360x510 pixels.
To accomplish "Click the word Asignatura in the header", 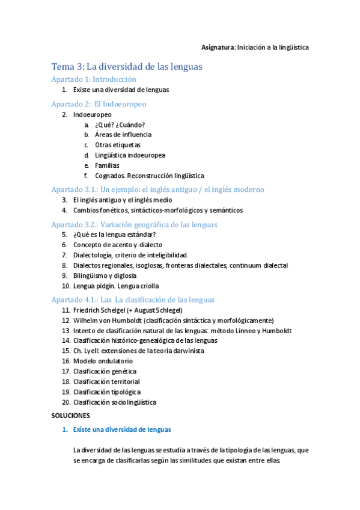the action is [x=217, y=47].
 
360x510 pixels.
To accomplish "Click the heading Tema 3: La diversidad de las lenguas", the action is [x=126, y=66].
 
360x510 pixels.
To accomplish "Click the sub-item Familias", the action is [x=107, y=165].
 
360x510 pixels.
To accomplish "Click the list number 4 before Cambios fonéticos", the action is [x=64, y=210].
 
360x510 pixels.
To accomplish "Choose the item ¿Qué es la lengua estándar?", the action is [x=114, y=235].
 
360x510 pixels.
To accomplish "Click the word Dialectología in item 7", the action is [x=93, y=255].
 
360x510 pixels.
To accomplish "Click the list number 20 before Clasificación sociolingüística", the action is [x=66, y=402].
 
